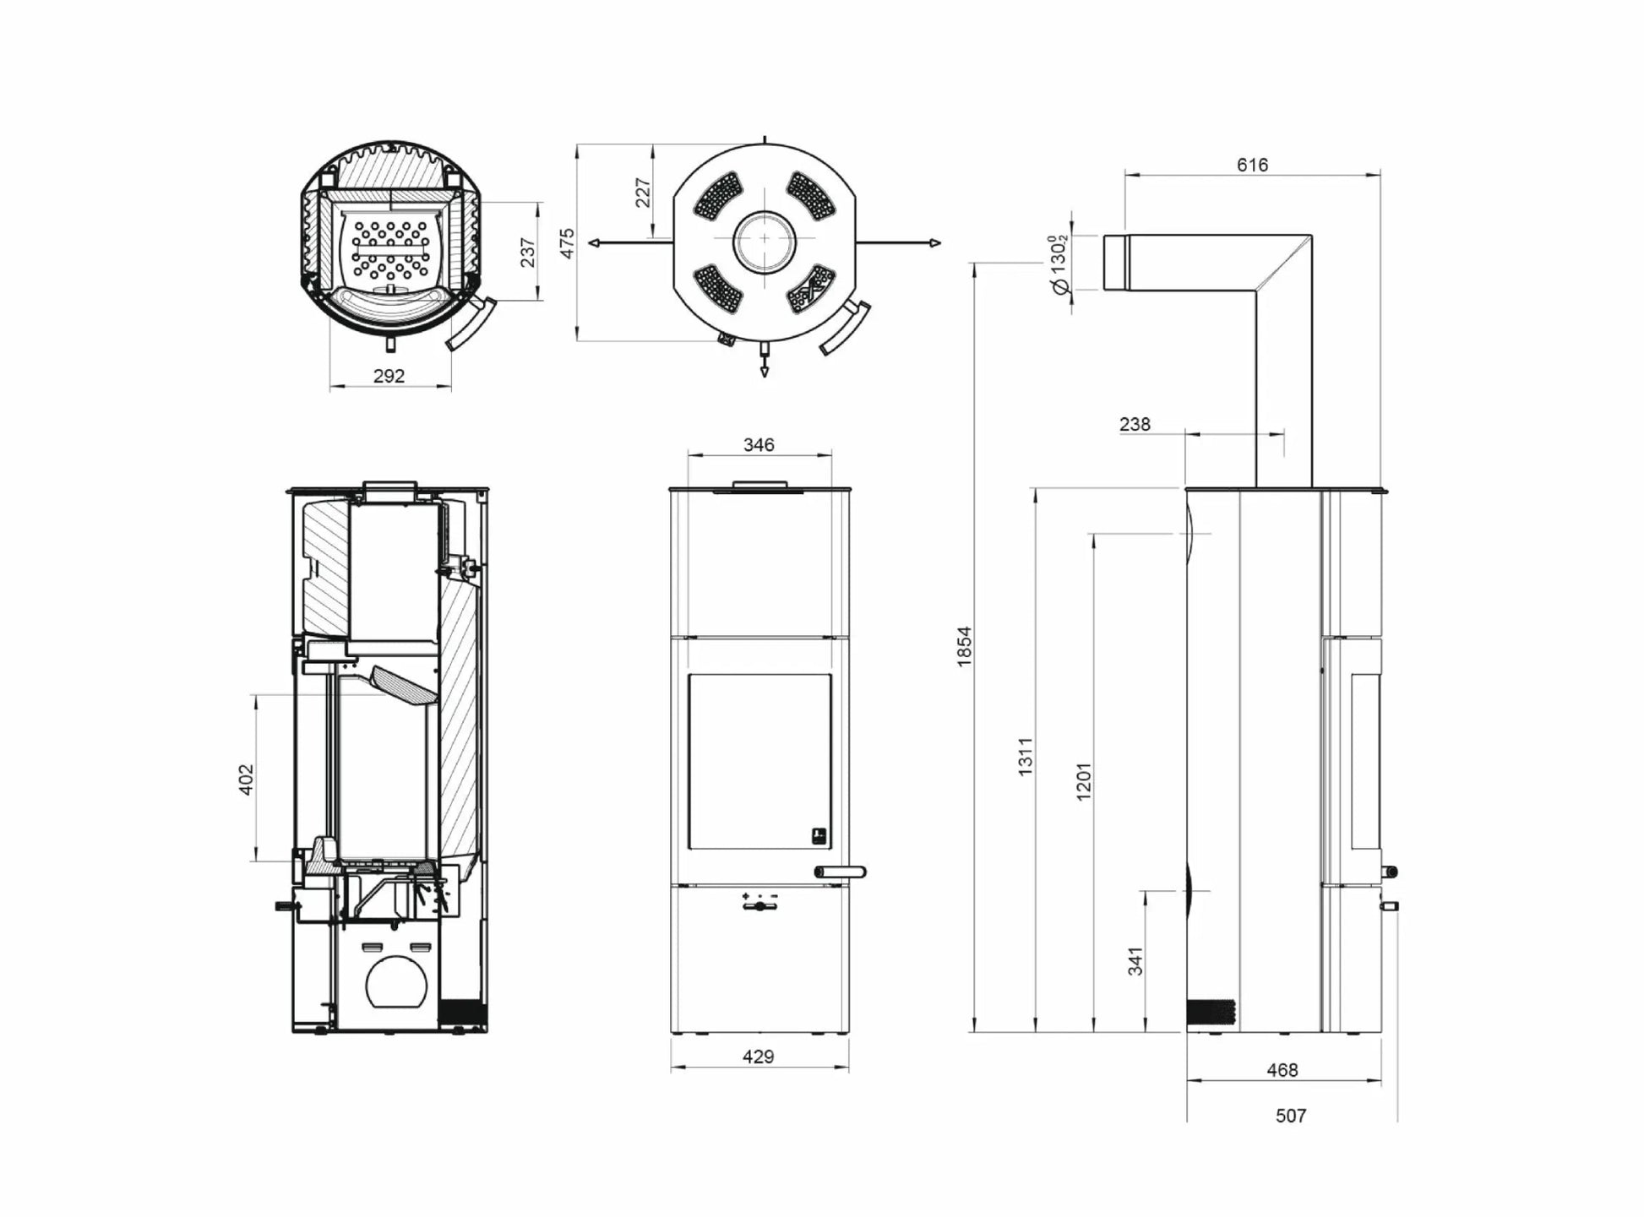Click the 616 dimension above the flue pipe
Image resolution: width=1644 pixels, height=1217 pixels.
[1251, 165]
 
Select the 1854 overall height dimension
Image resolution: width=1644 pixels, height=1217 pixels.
[964, 647]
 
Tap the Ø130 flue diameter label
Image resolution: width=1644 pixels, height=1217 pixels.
[1059, 264]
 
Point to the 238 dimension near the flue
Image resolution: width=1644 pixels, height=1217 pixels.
[1135, 424]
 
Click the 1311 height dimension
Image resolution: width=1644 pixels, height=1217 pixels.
[1025, 757]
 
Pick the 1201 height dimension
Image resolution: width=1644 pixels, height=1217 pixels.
[1084, 781]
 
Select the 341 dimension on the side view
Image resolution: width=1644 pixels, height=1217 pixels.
[1135, 961]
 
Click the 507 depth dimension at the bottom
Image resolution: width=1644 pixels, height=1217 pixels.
[1290, 1116]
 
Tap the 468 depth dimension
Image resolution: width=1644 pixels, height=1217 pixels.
[1282, 1070]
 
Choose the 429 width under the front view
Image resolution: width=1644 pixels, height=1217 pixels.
[758, 1057]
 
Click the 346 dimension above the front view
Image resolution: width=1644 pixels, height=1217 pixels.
[758, 444]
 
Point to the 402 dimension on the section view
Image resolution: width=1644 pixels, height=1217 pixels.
[246, 779]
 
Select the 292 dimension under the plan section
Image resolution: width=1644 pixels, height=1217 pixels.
[389, 376]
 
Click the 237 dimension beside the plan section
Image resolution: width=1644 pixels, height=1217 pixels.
[528, 252]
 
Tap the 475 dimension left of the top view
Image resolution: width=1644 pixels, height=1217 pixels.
[568, 243]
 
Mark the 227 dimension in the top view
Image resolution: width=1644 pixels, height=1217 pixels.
[643, 193]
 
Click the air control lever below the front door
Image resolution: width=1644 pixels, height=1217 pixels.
[759, 906]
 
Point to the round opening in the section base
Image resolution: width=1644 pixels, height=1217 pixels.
[396, 982]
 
